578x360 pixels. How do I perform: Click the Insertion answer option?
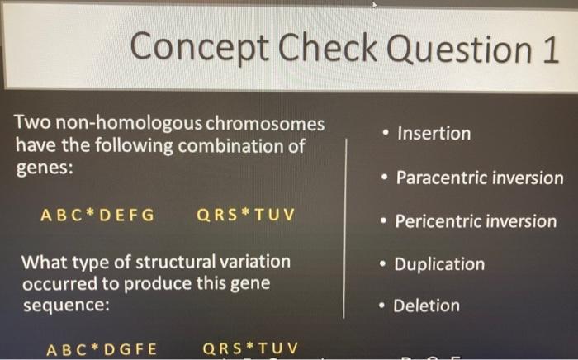433,134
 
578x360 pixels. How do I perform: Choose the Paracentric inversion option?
480,178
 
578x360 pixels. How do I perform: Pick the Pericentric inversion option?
476,221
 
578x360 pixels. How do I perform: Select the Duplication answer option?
439,265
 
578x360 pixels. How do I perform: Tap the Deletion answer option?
426,306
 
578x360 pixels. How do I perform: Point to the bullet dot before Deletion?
381,306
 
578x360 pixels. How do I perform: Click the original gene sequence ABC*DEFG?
97,216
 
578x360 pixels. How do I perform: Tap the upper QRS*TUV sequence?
245,216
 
